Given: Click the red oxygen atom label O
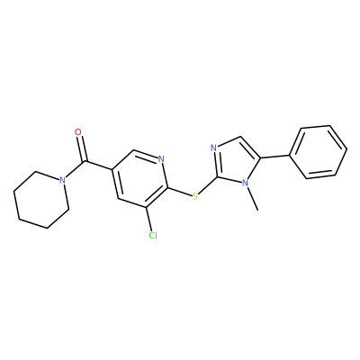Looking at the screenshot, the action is (78, 132).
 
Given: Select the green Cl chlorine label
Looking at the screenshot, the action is (153, 235).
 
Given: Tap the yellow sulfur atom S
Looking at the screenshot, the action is (195, 197).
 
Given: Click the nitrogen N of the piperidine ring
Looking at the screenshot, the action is (62, 180).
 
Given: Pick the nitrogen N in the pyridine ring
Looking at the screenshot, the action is (161, 159).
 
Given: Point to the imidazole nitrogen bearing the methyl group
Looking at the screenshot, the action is (246, 183).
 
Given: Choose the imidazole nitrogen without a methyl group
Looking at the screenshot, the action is (213, 148).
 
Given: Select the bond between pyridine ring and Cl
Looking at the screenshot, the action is (150, 219).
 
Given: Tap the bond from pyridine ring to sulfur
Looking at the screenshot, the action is (179, 193).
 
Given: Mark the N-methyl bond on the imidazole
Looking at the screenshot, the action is (252, 198).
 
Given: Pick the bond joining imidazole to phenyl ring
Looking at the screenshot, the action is (275, 157).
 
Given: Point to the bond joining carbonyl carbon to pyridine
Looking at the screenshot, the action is (99, 166).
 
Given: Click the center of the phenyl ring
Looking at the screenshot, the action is (319, 152).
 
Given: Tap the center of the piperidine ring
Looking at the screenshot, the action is (41, 200).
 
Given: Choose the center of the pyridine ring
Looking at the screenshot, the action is (139, 179).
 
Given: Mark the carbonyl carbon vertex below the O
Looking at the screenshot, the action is (85, 162).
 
